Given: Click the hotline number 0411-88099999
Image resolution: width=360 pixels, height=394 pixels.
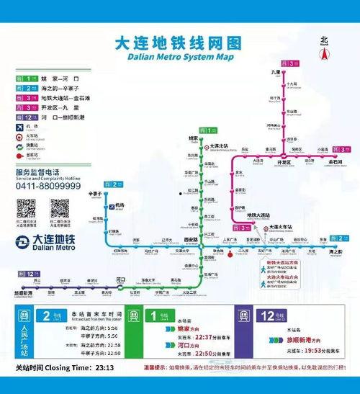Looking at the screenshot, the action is (48, 186).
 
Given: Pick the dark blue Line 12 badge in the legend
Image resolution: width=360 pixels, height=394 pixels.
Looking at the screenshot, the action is (27, 115).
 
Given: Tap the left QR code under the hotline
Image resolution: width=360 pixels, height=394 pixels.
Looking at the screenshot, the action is (27, 209).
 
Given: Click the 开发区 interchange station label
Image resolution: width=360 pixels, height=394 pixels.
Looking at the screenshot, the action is (274, 162).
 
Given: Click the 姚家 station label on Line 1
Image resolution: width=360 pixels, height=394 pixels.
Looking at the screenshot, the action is (193, 138).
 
